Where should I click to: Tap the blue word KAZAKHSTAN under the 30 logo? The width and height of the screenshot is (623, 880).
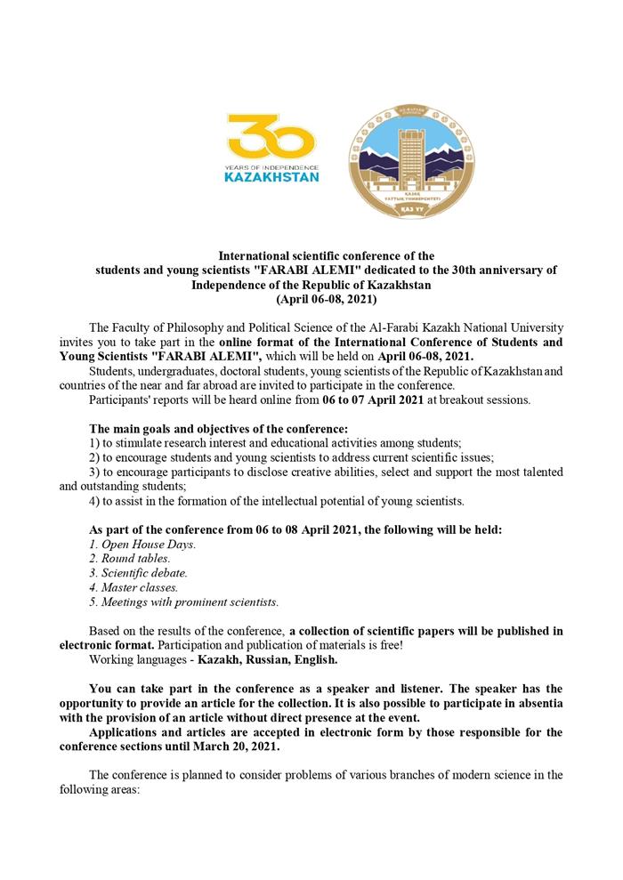(272, 176)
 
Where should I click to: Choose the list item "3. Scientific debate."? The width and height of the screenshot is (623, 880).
(139, 572)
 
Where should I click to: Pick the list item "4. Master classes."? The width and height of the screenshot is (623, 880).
(134, 587)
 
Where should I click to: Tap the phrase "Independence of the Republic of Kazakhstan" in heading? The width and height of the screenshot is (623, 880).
(311, 286)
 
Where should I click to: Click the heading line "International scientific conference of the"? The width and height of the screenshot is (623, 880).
(326, 256)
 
